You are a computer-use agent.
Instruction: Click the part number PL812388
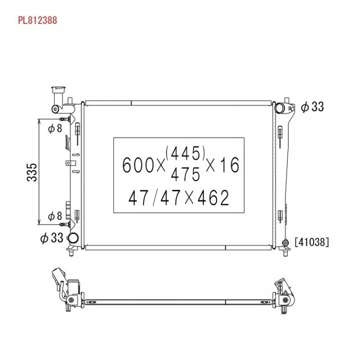(x=37, y=20)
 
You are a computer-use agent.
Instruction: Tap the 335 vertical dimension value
(x=31, y=172)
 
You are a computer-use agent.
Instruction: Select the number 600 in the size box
(x=138, y=165)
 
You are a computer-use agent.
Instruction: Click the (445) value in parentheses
(x=185, y=153)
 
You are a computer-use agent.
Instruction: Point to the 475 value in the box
(x=185, y=174)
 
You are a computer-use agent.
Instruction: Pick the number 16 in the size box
(x=228, y=165)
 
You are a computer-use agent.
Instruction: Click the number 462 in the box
(x=213, y=197)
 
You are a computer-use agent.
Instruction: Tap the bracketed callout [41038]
(x=312, y=242)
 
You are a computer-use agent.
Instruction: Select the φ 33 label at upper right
(x=312, y=107)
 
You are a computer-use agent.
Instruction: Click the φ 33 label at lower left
(x=51, y=237)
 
